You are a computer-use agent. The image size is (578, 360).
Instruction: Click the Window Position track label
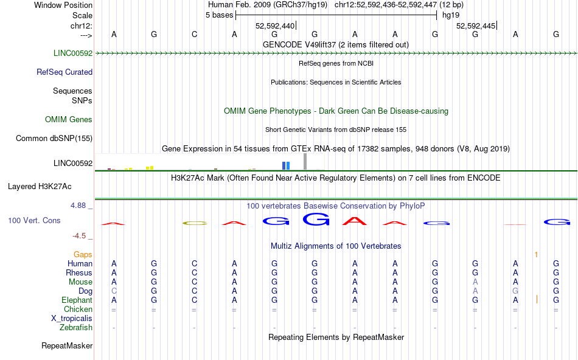pos(63,5)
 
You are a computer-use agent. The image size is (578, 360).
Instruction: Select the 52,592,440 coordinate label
pos(275,26)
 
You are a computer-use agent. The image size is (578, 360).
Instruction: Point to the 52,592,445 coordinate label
pos(476,26)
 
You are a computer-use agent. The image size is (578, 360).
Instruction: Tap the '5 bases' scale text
pos(219,15)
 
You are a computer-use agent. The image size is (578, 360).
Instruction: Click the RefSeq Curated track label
pos(64,72)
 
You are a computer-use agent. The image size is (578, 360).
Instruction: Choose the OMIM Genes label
pos(69,119)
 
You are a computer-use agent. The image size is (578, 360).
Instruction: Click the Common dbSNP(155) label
pos(54,138)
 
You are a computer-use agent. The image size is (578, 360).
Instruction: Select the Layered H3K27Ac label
pos(40,187)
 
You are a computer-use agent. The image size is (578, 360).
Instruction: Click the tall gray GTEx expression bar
pos(305,161)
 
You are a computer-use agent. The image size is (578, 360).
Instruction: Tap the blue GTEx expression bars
pos(286,166)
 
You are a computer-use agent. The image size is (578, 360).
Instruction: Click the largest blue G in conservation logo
pos(316,220)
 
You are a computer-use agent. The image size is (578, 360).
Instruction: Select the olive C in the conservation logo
pos(195,223)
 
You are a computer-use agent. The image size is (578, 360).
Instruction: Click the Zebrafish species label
pos(76,327)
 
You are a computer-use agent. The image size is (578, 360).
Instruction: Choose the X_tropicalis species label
pos(72,318)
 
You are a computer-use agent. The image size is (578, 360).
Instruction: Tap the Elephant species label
pos(77,300)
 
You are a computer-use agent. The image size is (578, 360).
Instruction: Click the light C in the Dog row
pos(114,291)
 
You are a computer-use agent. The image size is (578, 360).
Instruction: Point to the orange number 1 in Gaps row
pos(536,254)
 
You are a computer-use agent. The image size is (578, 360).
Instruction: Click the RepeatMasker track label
pos(67,345)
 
